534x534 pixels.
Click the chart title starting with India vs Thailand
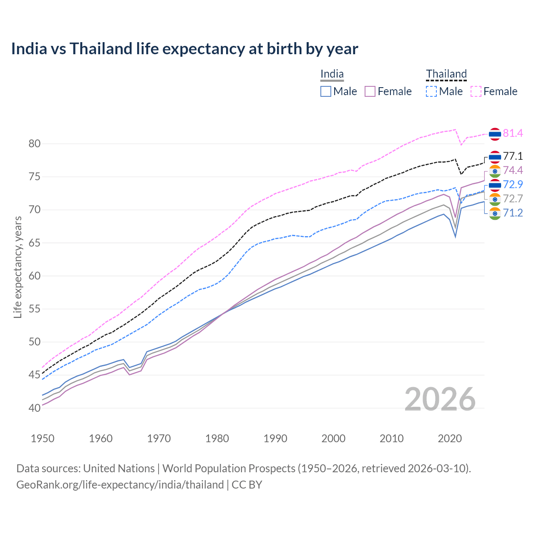[x=184, y=49]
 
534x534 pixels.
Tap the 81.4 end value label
[x=513, y=133]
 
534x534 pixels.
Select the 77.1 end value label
[x=513, y=156]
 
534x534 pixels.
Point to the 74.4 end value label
[x=513, y=170]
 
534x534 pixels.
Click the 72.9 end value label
[x=513, y=184]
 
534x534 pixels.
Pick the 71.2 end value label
[x=513, y=213]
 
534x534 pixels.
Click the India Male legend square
[x=326, y=91]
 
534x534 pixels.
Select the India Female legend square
[x=370, y=91]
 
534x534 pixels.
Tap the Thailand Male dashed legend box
[x=431, y=91]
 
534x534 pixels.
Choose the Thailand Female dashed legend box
[x=476, y=91]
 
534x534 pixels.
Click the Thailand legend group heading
[x=446, y=74]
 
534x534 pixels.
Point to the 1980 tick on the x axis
[x=217, y=438]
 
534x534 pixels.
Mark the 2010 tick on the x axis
[x=391, y=438]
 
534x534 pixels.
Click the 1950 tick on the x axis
[x=43, y=438]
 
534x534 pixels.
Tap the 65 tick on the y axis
[x=35, y=243]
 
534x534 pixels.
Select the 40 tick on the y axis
[x=35, y=408]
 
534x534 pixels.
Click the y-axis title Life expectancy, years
[x=18, y=267]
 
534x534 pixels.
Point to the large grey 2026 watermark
[x=440, y=399]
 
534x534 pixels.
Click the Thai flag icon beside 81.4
[x=495, y=134]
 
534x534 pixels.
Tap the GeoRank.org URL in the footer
[x=120, y=485]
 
